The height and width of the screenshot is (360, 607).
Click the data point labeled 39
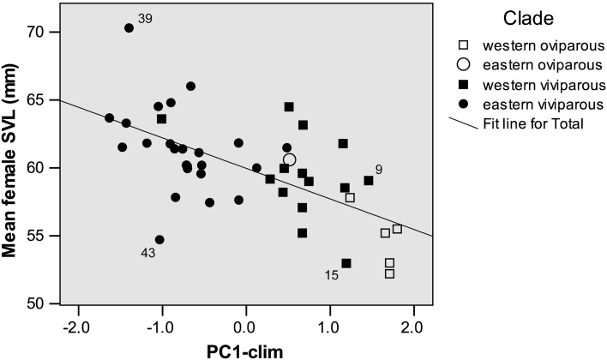pyautogui.click(x=129, y=27)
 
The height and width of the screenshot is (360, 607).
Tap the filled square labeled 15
pyautogui.click(x=346, y=263)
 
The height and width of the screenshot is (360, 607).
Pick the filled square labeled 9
pyautogui.click(x=369, y=181)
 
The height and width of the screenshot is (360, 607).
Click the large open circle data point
pyautogui.click(x=290, y=159)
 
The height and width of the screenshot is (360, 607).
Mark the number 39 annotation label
pyautogui.click(x=145, y=18)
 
